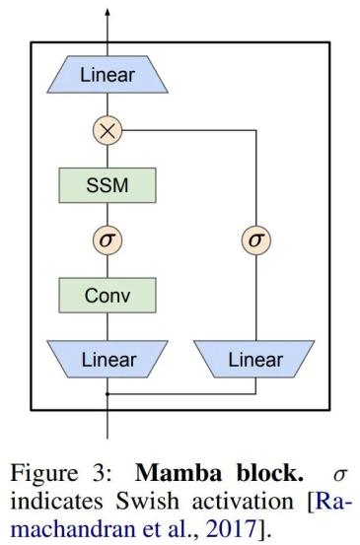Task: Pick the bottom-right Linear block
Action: (x=254, y=360)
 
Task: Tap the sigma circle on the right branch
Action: (x=254, y=238)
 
